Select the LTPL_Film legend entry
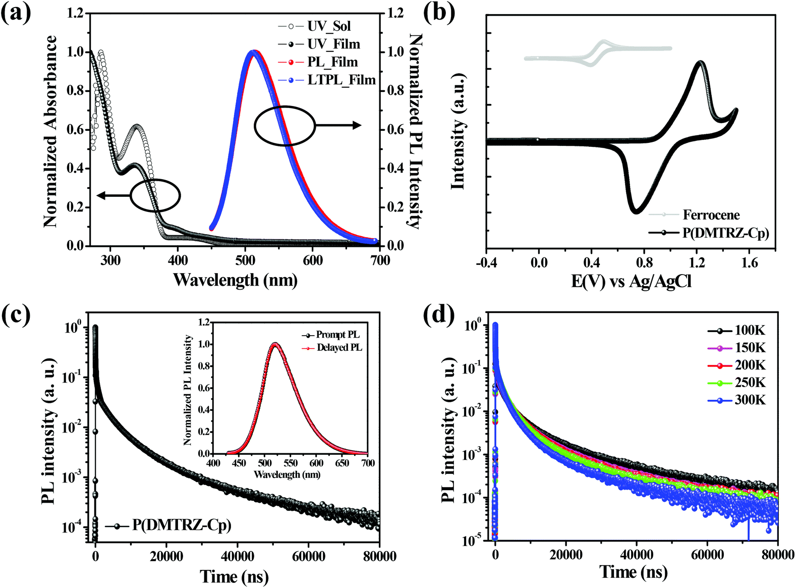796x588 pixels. pyautogui.click(x=341, y=80)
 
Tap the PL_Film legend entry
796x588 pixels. pyautogui.click(x=332, y=62)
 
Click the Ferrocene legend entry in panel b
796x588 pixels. pyautogui.click(x=711, y=215)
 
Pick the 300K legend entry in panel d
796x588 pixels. pyautogui.click(x=750, y=400)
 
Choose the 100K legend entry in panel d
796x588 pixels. pyautogui.click(x=750, y=331)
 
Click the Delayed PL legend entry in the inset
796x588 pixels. pyautogui.click(x=339, y=348)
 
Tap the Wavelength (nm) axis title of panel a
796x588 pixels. pyautogui.click(x=235, y=279)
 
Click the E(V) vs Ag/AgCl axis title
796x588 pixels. pyautogui.click(x=631, y=281)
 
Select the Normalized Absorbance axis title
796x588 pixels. pyautogui.click(x=50, y=131)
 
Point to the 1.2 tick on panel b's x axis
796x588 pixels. pyautogui.click(x=697, y=262)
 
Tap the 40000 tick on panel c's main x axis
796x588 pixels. pyautogui.click(x=238, y=557)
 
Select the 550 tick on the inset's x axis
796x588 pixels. pyautogui.click(x=291, y=463)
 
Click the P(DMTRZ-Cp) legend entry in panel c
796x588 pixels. pyautogui.click(x=182, y=525)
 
